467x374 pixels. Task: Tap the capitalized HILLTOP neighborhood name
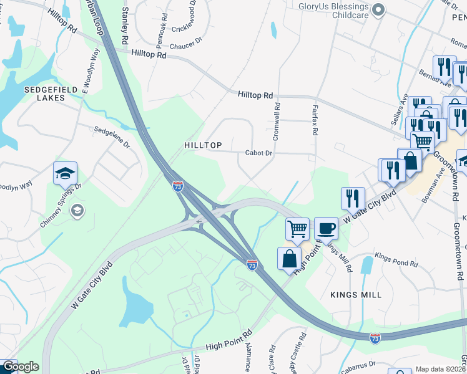(204, 145)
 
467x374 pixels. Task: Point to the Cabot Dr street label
(259, 153)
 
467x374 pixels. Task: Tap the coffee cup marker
(326, 228)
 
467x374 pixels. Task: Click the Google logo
(20, 367)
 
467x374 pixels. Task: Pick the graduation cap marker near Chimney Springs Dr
(65, 173)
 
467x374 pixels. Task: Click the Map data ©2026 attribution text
(440, 369)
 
